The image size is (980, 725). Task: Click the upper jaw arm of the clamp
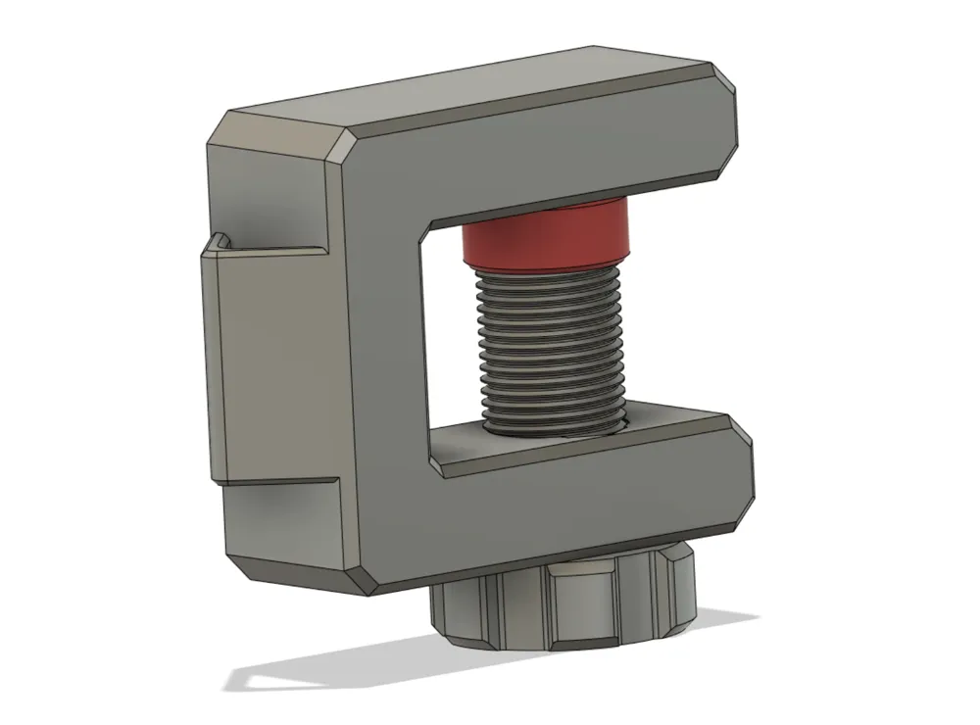[549, 162]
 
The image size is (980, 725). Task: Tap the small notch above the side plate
[220, 240]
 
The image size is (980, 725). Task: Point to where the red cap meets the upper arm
[549, 203]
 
